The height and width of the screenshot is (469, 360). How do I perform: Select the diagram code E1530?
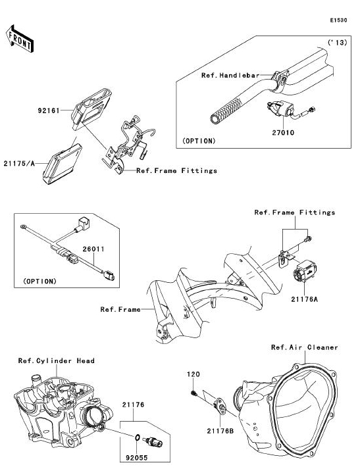[x=338, y=20]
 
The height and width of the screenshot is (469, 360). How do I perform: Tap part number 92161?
[x=49, y=111]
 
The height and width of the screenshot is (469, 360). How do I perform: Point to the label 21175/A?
[x=19, y=164]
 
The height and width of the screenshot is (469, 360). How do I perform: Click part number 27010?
[x=283, y=132]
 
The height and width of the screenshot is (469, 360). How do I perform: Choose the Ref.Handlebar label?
[x=230, y=76]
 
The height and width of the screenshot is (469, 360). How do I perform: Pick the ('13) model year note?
[x=337, y=43]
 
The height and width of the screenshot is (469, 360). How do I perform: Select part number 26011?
[x=93, y=249]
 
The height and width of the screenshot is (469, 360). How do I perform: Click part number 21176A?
[x=304, y=299]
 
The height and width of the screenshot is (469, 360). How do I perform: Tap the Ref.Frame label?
[x=120, y=309]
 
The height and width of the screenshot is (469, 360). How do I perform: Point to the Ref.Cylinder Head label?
[x=56, y=360]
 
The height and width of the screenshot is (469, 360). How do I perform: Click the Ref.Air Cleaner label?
[x=304, y=347]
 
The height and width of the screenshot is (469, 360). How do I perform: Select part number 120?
[x=193, y=374]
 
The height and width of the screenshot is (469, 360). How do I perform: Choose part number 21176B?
[x=220, y=431]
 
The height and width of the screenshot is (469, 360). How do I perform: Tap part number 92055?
[x=136, y=458]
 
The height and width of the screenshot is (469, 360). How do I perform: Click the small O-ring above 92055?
[x=137, y=437]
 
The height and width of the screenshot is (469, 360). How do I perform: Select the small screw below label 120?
[x=193, y=393]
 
